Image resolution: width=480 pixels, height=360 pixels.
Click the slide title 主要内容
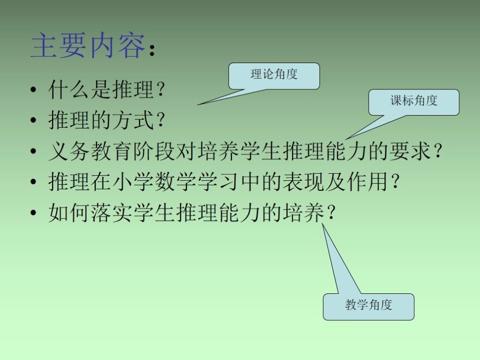(x=88, y=46)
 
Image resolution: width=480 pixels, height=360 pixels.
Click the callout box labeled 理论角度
(x=274, y=76)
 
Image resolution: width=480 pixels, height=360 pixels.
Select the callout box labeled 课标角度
(x=413, y=102)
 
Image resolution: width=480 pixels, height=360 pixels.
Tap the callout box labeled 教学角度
(x=368, y=306)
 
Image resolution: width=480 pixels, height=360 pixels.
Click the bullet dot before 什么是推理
(x=33, y=91)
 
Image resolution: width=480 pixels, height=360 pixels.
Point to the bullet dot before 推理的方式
(x=33, y=121)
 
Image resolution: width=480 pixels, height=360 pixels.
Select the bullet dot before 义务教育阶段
(x=33, y=151)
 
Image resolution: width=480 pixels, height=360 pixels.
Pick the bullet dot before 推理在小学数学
(x=33, y=182)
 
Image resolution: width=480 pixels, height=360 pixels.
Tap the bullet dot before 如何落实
(x=33, y=212)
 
